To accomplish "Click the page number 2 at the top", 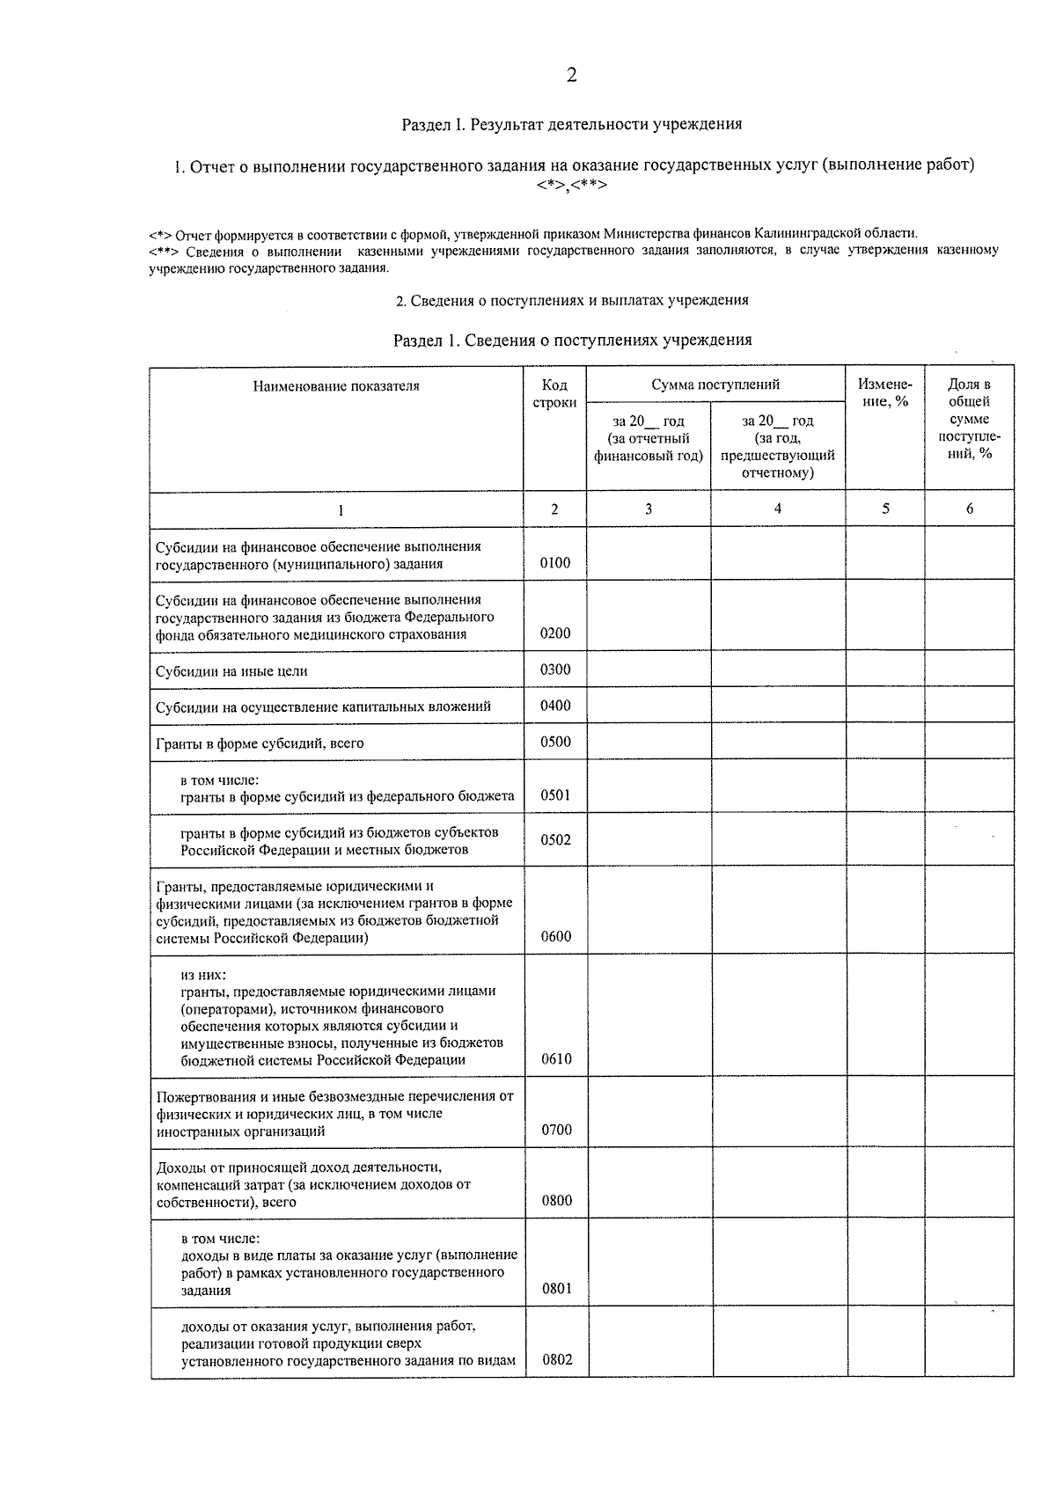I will tap(571, 76).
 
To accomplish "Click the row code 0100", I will tap(554, 563).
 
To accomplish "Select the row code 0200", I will tap(554, 633).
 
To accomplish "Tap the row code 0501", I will tap(555, 795).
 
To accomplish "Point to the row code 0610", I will tap(556, 1059).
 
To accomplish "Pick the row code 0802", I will tap(557, 1359).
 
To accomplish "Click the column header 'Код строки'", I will tap(554, 393).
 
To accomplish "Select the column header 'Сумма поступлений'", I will tap(715, 384).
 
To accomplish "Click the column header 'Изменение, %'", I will tap(884, 392).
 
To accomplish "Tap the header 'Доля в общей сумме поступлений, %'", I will tap(969, 419).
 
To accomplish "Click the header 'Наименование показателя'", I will tap(336, 386).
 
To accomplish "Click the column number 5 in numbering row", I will tap(885, 509).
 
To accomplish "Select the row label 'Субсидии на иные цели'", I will tap(231, 671).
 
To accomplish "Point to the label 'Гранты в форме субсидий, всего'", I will tap(260, 743).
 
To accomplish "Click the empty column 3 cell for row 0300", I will tap(649, 670).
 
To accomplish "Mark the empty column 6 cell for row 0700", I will tap(969, 1112).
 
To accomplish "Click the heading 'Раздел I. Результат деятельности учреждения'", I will tap(571, 124).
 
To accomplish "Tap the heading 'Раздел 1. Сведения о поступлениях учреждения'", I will tap(572, 340).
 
